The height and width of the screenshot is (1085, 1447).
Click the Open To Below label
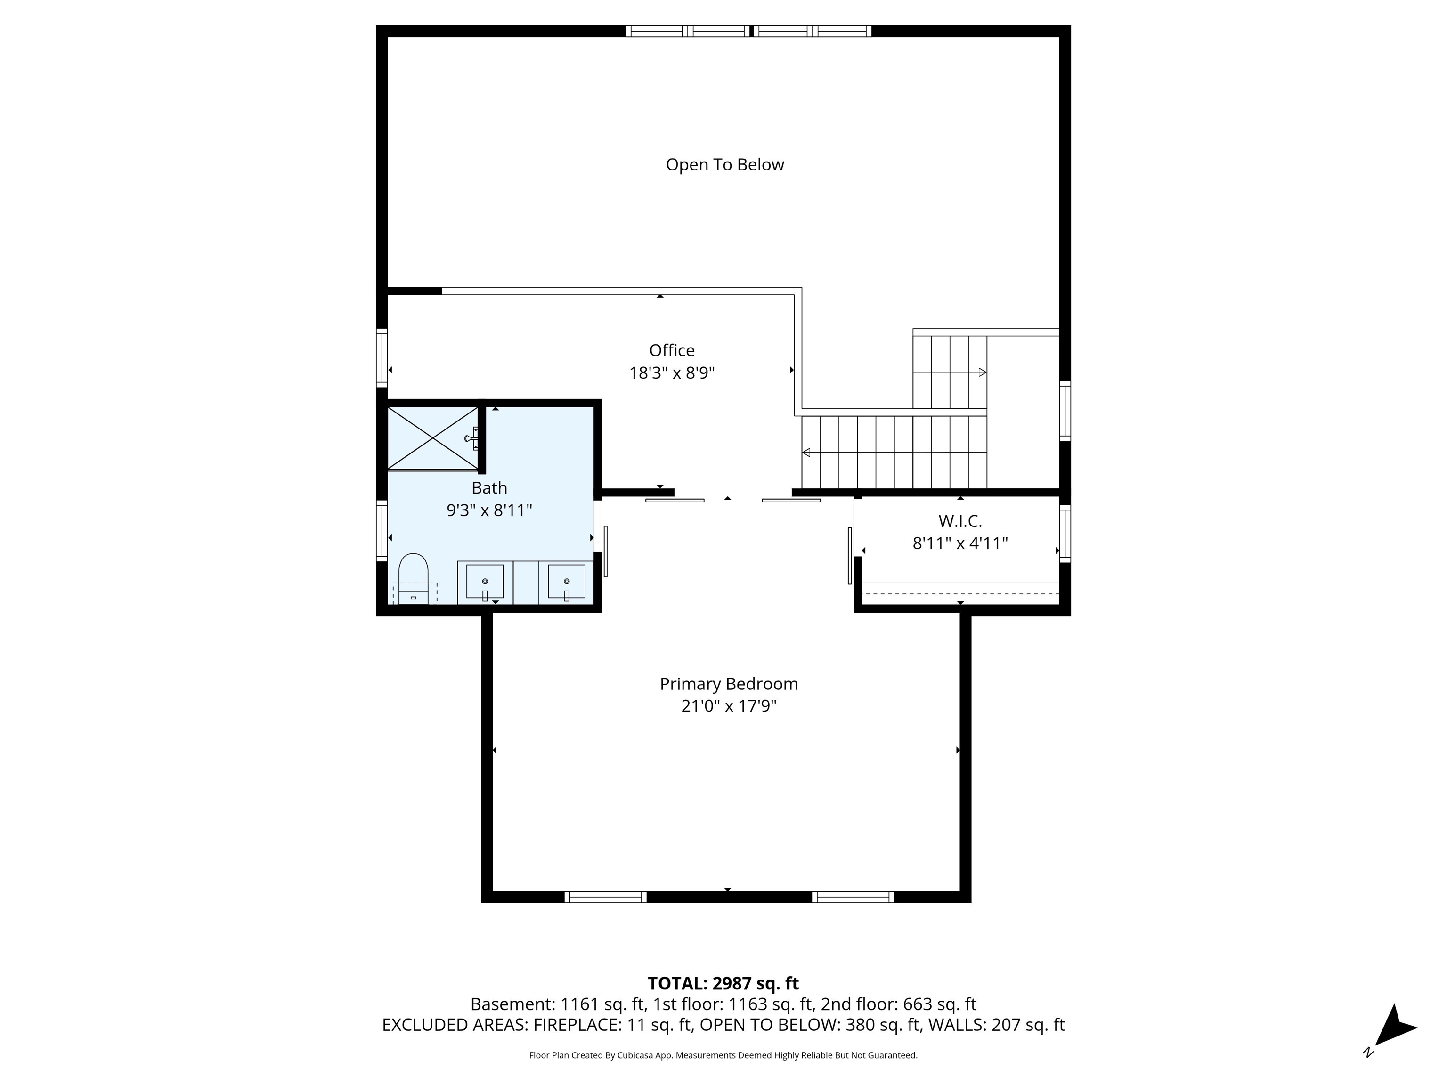click(x=725, y=165)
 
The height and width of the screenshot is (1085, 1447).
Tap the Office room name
click(x=672, y=350)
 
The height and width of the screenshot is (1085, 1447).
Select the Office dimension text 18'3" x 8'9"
click(x=672, y=373)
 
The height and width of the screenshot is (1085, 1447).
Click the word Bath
click(x=489, y=488)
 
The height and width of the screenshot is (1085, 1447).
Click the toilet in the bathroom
click(x=414, y=579)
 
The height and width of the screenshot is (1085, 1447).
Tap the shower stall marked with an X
click(x=433, y=438)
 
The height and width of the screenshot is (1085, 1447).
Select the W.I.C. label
click(x=960, y=521)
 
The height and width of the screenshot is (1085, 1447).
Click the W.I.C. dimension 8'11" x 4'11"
click(x=960, y=543)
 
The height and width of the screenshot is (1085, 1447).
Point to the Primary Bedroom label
click(x=729, y=684)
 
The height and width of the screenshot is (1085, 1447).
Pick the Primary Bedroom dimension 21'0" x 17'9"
click(x=729, y=706)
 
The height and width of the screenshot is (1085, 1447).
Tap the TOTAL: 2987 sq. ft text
click(x=723, y=984)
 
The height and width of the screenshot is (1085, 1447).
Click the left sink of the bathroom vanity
click(x=485, y=582)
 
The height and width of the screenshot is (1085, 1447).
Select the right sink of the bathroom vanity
click(x=567, y=582)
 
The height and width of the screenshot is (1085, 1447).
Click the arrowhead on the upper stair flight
click(x=982, y=373)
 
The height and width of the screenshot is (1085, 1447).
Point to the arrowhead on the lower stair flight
click(x=806, y=453)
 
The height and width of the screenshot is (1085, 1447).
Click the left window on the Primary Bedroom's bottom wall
click(x=606, y=897)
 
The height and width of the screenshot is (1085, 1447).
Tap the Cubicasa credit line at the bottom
click(x=723, y=1055)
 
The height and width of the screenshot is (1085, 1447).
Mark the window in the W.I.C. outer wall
click(x=1065, y=534)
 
